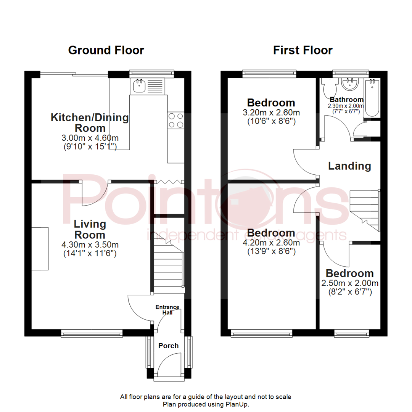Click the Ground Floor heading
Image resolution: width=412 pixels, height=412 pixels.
tap(106, 50)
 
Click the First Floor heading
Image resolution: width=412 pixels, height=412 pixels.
tap(303, 50)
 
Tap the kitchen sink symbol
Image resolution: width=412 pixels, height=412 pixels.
tap(138, 86)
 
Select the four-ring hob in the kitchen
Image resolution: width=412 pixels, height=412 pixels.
tap(175, 120)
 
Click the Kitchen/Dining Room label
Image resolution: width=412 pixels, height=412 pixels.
tap(90, 122)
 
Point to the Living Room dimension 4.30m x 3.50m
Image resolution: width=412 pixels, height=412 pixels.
tap(90, 245)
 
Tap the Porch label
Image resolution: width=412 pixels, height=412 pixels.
tap(168, 346)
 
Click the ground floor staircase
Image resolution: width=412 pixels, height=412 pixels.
tap(168, 263)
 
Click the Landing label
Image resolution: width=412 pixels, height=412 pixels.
tap(349, 166)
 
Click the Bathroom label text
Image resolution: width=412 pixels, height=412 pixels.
tap(346, 100)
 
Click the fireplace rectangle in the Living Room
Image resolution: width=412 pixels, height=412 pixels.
tap(40, 249)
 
